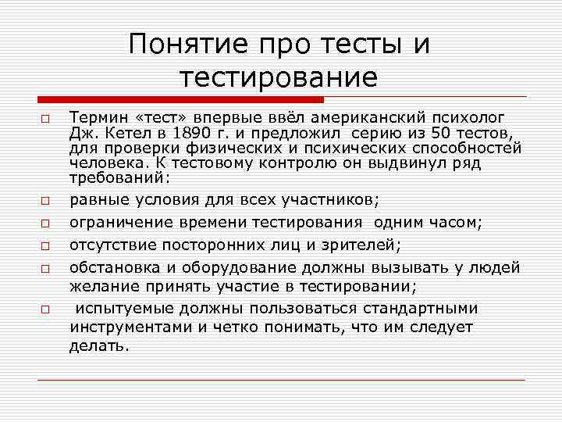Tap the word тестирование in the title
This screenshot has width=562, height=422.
[279, 77]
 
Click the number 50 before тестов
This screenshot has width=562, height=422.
[443, 133]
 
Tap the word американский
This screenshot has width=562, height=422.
[356, 118]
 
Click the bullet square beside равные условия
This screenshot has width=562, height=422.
[47, 202]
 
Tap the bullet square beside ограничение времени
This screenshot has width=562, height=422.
[47, 224]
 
